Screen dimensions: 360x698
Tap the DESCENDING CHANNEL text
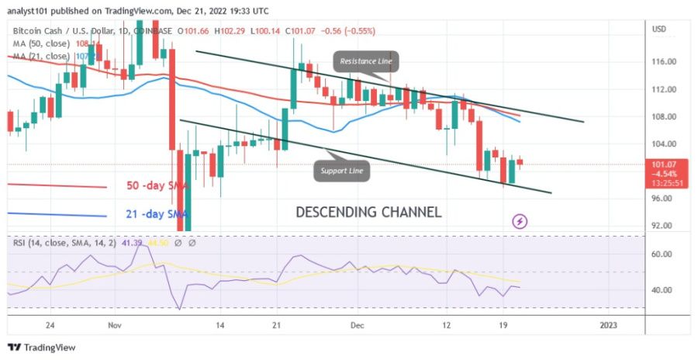coord(368,212)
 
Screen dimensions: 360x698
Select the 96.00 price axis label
coord(665,199)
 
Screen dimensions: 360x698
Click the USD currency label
coord(660,29)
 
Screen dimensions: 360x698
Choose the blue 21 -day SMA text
coord(158,214)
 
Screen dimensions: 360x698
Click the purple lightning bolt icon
coord(520,222)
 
